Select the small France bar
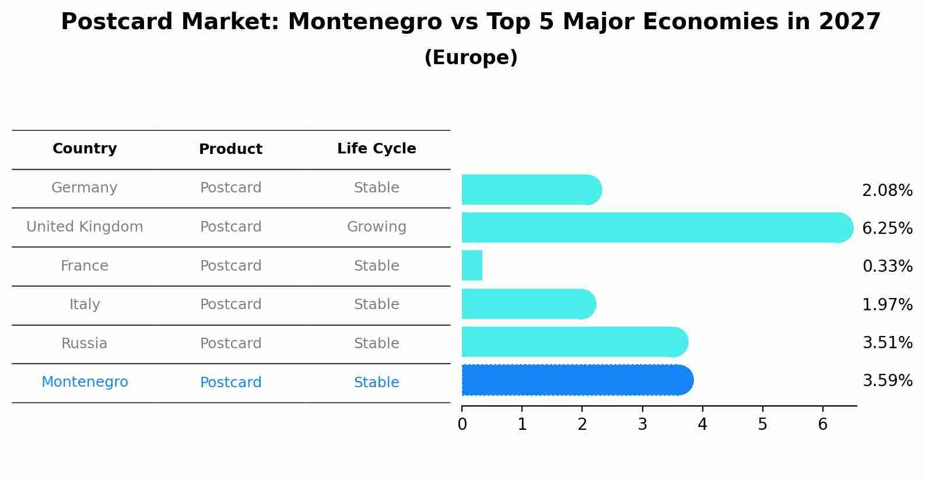pyautogui.click(x=472, y=265)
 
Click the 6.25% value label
pyautogui.click(x=887, y=228)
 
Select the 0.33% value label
pyautogui.click(x=887, y=267)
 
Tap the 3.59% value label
pyautogui.click(x=887, y=381)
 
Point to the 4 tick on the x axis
pyautogui.click(x=702, y=424)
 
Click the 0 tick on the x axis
pyautogui.click(x=462, y=424)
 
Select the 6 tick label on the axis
pyautogui.click(x=822, y=424)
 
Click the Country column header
pyautogui.click(x=85, y=149)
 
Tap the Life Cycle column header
pyautogui.click(x=376, y=149)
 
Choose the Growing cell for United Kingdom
pyautogui.click(x=376, y=227)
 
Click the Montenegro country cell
pyautogui.click(x=85, y=382)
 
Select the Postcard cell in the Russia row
pyautogui.click(x=230, y=344)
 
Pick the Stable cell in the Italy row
pyautogui.click(x=376, y=304)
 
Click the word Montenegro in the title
pyautogui.click(x=365, y=22)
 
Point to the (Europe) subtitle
pyautogui.click(x=471, y=58)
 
